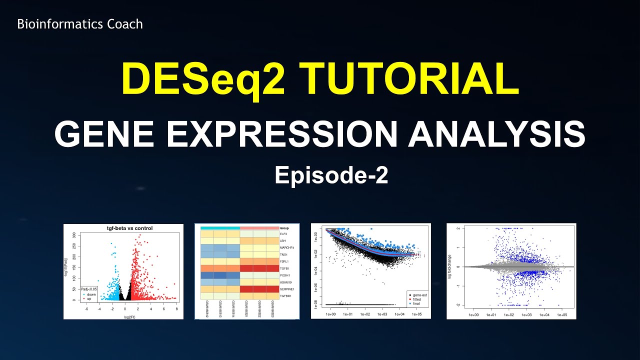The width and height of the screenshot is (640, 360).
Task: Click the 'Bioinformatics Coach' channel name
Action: click(x=80, y=24)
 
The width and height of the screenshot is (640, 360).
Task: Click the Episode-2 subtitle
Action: click(x=331, y=175)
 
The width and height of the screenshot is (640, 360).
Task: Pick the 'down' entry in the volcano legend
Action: click(x=91, y=294)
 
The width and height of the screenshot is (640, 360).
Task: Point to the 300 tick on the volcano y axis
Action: click(x=74, y=234)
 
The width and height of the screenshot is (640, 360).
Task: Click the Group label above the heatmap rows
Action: click(x=284, y=227)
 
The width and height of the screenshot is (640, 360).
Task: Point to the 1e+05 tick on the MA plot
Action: click(x=561, y=315)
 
